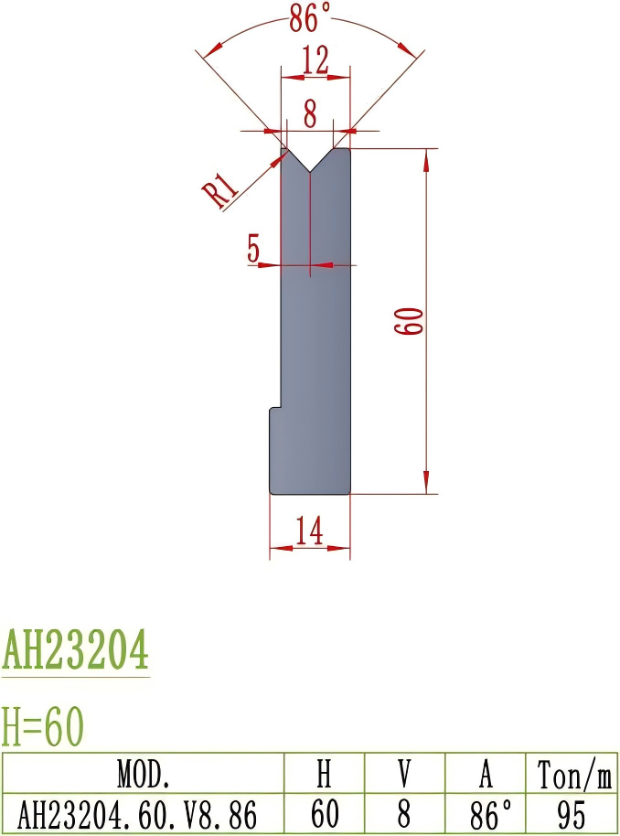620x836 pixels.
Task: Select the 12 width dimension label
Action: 315,61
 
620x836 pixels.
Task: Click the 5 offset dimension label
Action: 254,248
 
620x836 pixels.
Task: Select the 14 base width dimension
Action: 310,531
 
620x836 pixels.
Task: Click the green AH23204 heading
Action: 75,651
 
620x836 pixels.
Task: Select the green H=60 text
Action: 43,727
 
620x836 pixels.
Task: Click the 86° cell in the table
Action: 485,812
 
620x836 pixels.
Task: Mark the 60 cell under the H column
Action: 324,812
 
